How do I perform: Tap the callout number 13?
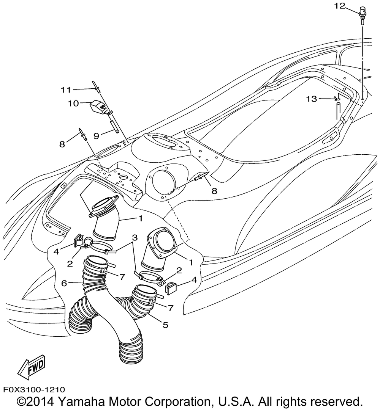[x=311, y=99]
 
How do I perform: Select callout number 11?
[x=66, y=90]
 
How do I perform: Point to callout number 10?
[x=73, y=103]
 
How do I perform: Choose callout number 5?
[x=165, y=325]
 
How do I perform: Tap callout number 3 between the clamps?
[x=134, y=238]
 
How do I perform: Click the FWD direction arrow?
[x=32, y=367]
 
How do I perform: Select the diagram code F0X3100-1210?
[x=35, y=389]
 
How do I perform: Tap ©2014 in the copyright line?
[x=36, y=402]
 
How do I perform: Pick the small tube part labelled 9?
[x=114, y=125]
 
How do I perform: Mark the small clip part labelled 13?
[x=336, y=99]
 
